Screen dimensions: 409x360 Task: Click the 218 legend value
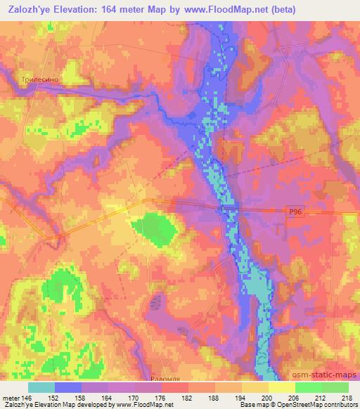coord(347,396)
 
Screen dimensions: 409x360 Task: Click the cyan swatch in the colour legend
coord(41,387)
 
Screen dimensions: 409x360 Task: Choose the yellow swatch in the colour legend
coord(282,387)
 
